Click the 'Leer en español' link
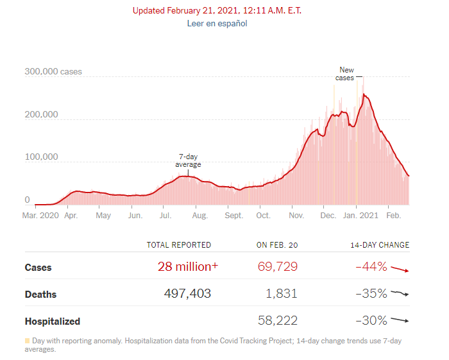click(217, 24)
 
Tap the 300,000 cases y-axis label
click(53, 72)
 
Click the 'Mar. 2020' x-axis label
click(40, 216)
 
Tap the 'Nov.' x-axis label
click(295, 216)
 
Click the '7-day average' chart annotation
click(188, 161)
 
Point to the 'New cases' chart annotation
click(346, 74)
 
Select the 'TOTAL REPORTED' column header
click(178, 245)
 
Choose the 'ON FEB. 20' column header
click(276, 245)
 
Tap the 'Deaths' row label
click(40, 295)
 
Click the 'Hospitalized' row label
click(52, 321)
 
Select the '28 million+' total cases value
click(188, 267)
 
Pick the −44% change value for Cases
click(371, 267)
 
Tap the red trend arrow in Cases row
click(400, 269)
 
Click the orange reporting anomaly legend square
click(28, 341)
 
